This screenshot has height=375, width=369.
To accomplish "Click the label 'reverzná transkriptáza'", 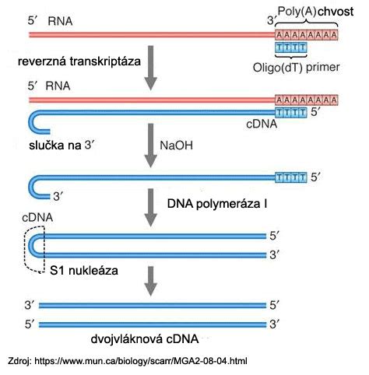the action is coord(79,62).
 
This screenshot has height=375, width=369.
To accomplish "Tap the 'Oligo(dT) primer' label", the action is coord(296,68).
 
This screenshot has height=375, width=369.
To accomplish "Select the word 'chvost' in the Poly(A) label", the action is coord(336,12).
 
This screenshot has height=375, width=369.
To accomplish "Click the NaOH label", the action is coord(176,145).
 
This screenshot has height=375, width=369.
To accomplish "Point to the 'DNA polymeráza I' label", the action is coord(217,204).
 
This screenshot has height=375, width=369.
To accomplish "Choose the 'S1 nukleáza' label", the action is coord(84,271).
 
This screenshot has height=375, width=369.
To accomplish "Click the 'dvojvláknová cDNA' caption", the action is coord(145,339).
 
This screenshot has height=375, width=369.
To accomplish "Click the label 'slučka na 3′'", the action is coord(61,145).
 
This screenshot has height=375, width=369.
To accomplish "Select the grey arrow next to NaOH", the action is coord(150,145).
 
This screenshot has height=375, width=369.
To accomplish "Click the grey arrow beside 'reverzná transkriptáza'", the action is coord(150,68).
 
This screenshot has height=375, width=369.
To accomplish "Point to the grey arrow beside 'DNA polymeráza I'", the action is coord(150,208).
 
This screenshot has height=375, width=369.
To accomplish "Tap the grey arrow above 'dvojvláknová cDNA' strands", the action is coord(150,281).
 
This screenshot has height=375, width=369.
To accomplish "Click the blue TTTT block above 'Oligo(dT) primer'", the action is coord(291,47).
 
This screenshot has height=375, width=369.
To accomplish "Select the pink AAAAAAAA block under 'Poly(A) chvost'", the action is coord(307,34).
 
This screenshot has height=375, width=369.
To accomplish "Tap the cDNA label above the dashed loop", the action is coord(37,217).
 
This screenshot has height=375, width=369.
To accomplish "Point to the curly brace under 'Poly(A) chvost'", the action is coord(307,23).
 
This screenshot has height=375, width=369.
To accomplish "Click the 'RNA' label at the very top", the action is coord(60,21).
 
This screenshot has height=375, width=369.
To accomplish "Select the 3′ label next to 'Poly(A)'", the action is coord(271,20).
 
